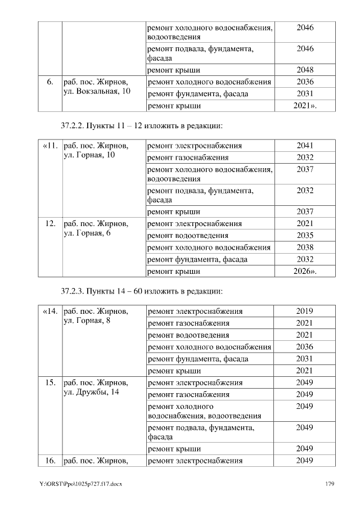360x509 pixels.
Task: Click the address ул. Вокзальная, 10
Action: pyautogui.click(x=96, y=92)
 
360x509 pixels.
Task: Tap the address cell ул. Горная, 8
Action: pyautogui.click(x=87, y=321)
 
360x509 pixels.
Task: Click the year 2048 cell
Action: pyautogui.click(x=304, y=70)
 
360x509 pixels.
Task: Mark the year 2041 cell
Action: pyautogui.click(x=304, y=146)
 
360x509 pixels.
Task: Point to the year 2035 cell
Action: pyautogui.click(x=304, y=235)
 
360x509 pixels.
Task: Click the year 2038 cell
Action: pyautogui.click(x=304, y=247)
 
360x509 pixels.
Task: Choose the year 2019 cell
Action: pyautogui.click(x=304, y=311)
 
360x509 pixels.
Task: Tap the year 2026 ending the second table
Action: pyautogui.click(x=305, y=271)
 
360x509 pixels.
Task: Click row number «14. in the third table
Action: pyautogui.click(x=49, y=311)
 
